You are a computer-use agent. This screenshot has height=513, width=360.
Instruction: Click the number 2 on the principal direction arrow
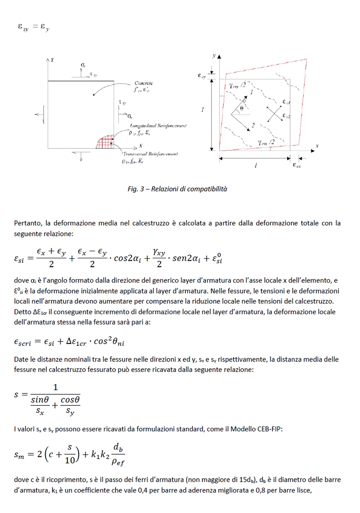coord(254,126)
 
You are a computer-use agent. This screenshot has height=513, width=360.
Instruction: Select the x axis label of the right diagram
coord(317,146)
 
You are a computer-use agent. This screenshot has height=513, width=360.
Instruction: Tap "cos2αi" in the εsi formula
coord(127,258)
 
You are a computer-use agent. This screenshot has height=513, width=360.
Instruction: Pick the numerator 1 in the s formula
coord(56,387)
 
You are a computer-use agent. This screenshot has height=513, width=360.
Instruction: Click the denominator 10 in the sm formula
coord(69,460)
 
